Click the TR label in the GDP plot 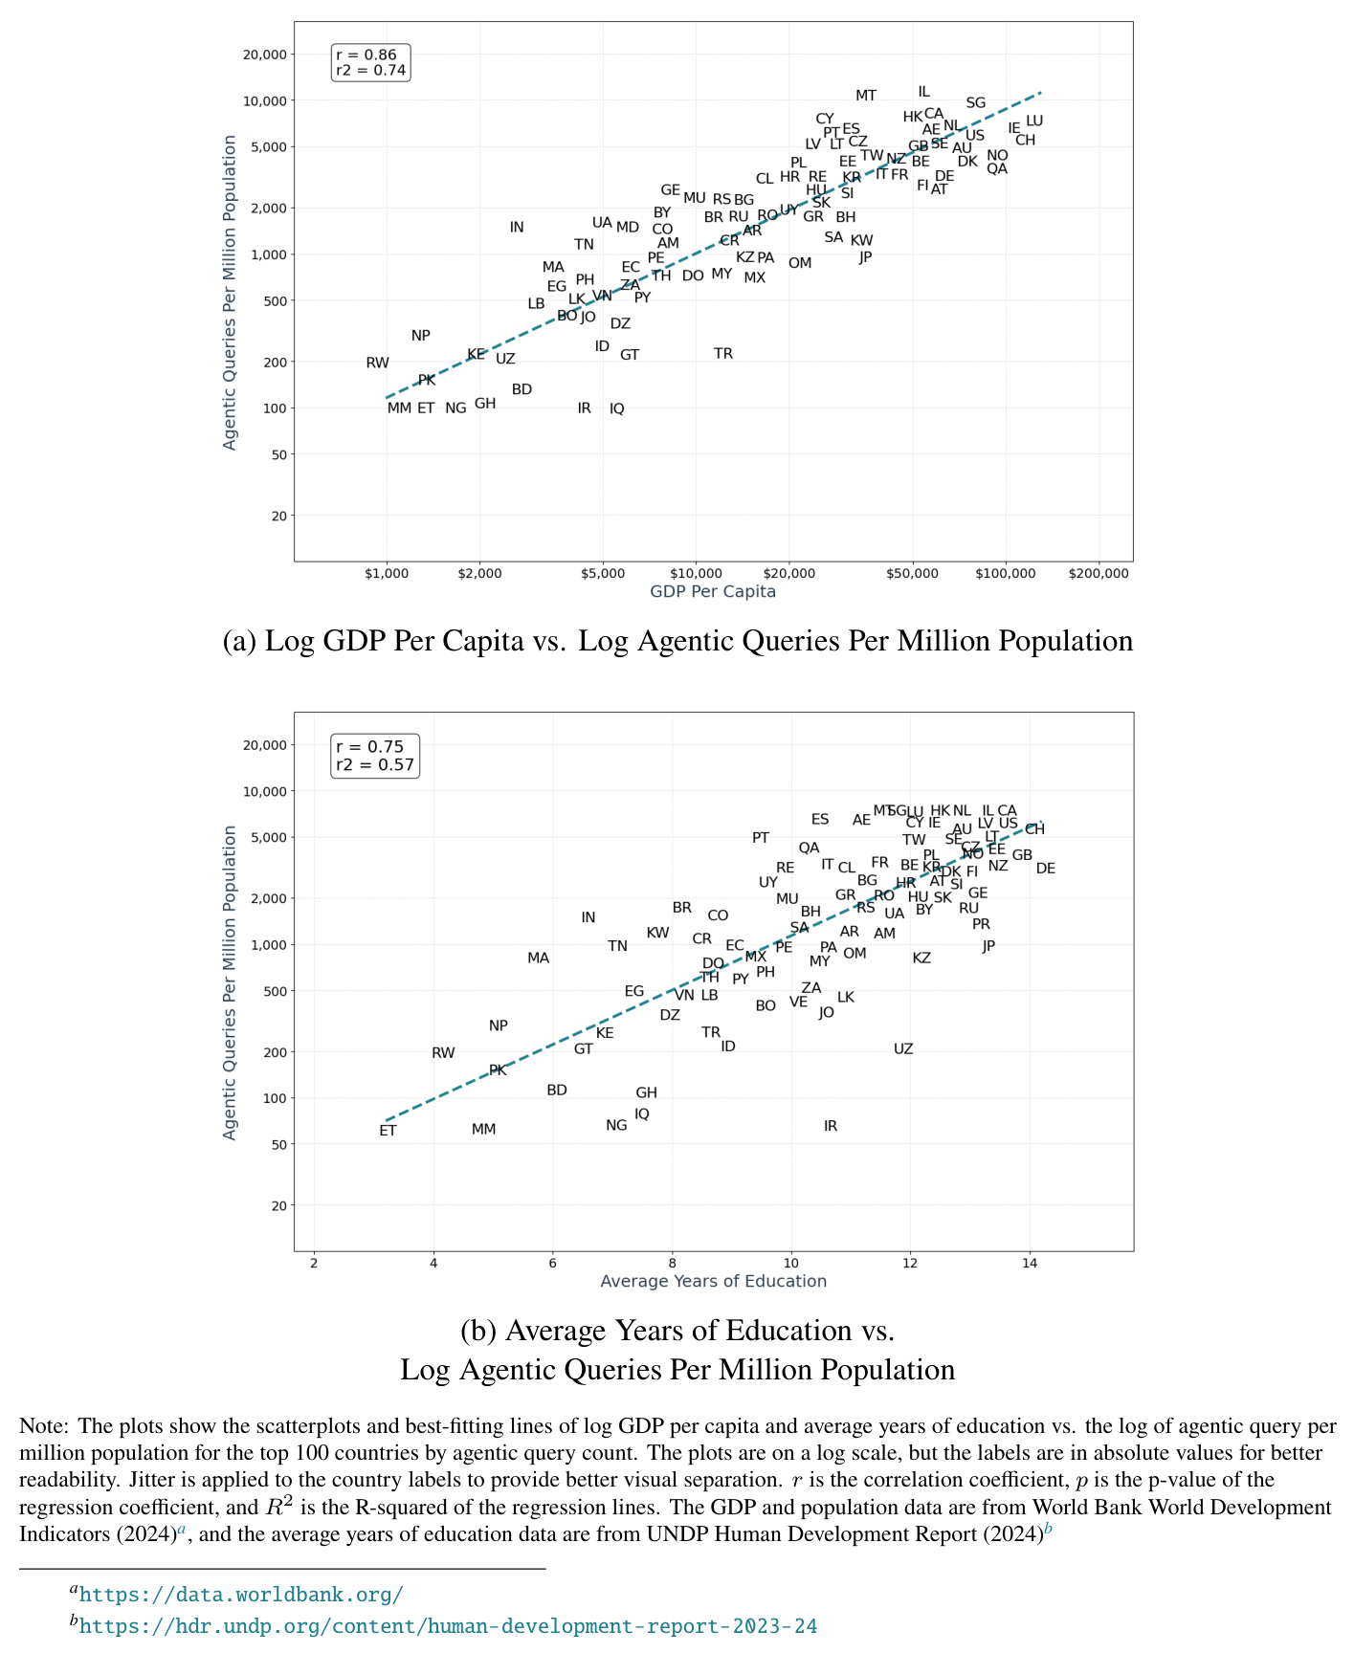click(723, 354)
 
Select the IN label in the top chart click(517, 228)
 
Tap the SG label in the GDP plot click(975, 103)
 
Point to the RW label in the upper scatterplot click(378, 364)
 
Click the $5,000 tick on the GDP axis click(603, 574)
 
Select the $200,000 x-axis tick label click(1099, 574)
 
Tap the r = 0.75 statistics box click(375, 756)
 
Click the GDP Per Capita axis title click(713, 592)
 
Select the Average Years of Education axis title click(713, 1282)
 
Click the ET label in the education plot click(388, 1131)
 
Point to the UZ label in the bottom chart click(903, 1049)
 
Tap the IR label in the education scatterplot click(831, 1127)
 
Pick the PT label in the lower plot click(761, 838)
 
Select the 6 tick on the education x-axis click(553, 1264)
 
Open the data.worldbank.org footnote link click(241, 1595)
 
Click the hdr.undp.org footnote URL click(448, 1626)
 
